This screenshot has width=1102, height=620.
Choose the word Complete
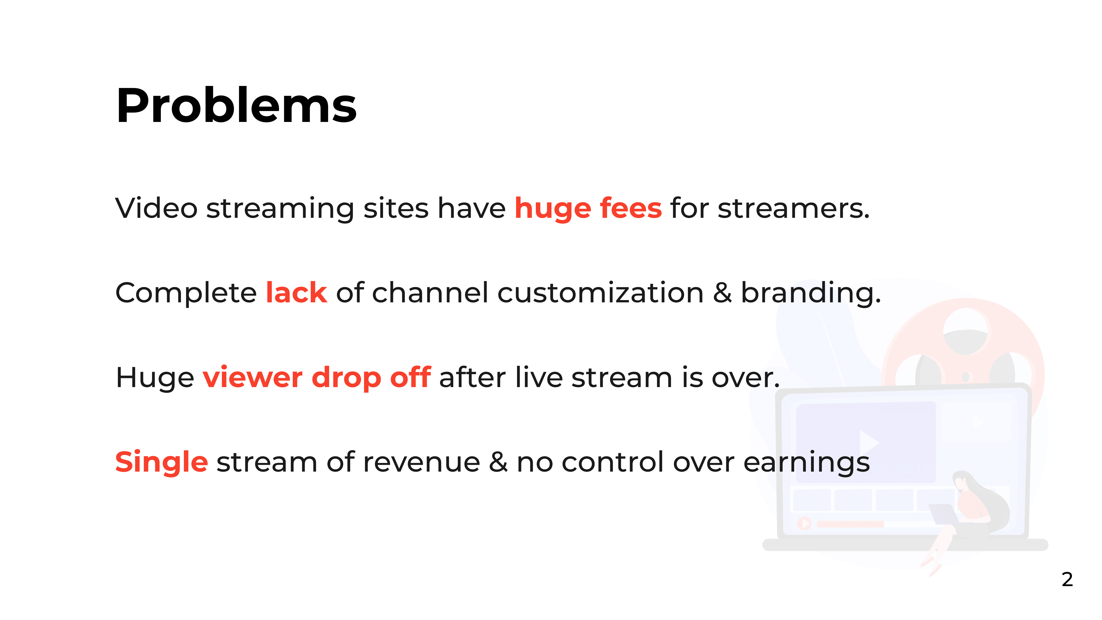tap(186, 293)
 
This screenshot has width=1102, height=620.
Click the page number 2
tap(1067, 580)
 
